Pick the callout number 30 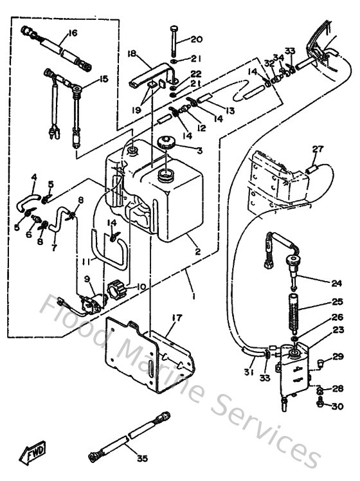337,406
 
